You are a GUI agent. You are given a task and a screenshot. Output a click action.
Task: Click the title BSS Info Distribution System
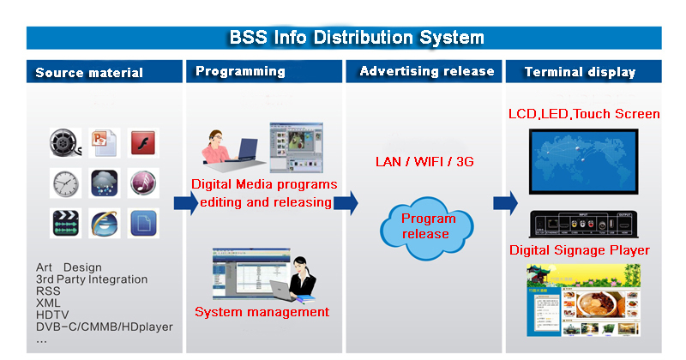(x=356, y=38)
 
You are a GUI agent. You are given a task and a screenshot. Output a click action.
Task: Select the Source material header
(x=89, y=73)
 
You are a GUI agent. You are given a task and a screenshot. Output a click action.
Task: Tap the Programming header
(x=240, y=71)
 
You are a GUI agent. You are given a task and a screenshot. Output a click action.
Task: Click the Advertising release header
(x=426, y=71)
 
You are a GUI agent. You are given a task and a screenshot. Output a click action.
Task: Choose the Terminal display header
(x=580, y=72)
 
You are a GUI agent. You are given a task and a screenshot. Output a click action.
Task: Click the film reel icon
(x=65, y=142)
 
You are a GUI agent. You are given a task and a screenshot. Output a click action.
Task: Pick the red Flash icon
(x=143, y=142)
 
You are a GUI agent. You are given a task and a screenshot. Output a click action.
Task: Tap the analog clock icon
(x=65, y=183)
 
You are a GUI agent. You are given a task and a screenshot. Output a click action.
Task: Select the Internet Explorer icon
(x=105, y=223)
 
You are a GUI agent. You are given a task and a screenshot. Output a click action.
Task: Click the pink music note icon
(x=143, y=183)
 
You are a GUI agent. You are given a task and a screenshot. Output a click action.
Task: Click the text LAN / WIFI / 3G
(x=425, y=161)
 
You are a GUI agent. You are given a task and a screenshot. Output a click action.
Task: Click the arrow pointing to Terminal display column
(x=505, y=203)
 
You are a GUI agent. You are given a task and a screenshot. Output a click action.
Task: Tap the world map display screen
(x=583, y=165)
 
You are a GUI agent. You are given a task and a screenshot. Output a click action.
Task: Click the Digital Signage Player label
(x=580, y=250)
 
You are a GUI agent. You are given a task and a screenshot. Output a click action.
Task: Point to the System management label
(x=262, y=312)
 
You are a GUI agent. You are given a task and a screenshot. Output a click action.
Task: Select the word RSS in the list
(x=48, y=291)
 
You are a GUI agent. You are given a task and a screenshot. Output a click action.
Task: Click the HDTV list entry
(x=52, y=315)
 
